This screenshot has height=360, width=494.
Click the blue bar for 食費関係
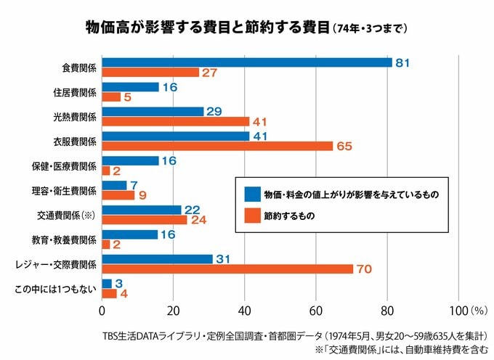(x=247, y=63)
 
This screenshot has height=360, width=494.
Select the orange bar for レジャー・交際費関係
(x=227, y=269)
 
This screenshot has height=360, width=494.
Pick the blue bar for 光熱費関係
(x=153, y=111)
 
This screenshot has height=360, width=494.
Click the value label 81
(x=402, y=63)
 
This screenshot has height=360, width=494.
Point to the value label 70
(x=364, y=269)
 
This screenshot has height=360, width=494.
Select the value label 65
(x=344, y=146)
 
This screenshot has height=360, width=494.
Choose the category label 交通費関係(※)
(x=66, y=215)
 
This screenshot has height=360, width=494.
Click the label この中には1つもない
(x=56, y=289)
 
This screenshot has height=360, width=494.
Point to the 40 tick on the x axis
(x=245, y=311)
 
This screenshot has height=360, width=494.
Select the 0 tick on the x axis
(x=102, y=311)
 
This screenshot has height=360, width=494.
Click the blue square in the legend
(x=252, y=194)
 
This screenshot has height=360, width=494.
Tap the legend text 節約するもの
(x=290, y=216)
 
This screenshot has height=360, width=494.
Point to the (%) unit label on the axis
(x=479, y=311)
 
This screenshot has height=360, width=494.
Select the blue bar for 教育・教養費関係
(x=130, y=234)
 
